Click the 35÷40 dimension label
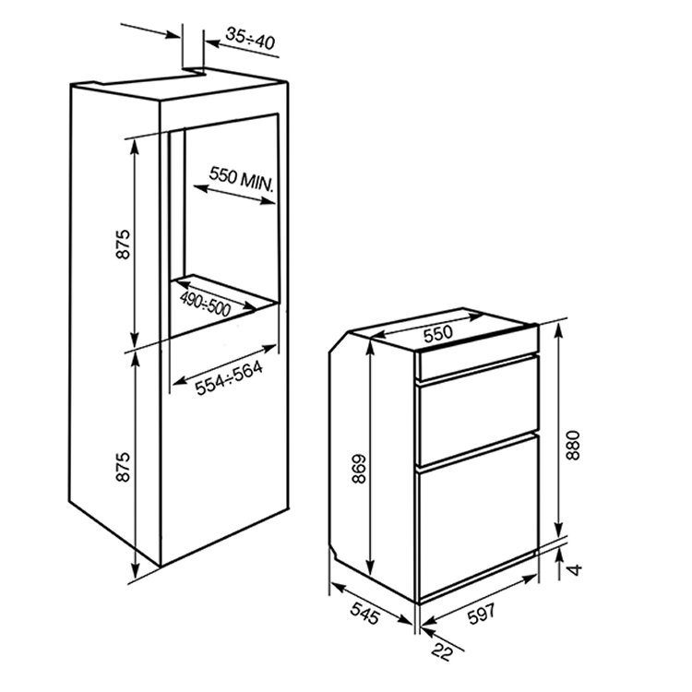click(250, 39)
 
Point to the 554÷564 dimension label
click(229, 378)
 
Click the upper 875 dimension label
click(123, 244)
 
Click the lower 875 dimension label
click(123, 466)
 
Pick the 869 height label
click(360, 469)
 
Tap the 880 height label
click(573, 445)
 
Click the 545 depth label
click(365, 613)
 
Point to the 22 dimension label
click(443, 651)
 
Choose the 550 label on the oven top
click(437, 334)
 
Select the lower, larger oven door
click(478, 517)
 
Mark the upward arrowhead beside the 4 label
click(560, 555)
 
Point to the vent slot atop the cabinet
click(193, 71)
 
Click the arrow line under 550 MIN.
click(234, 195)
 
